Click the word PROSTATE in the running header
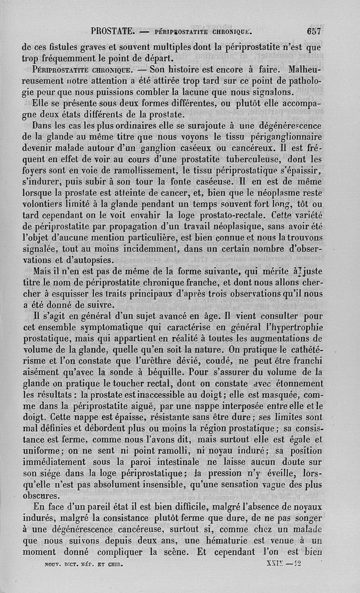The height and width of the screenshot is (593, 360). (112, 31)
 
